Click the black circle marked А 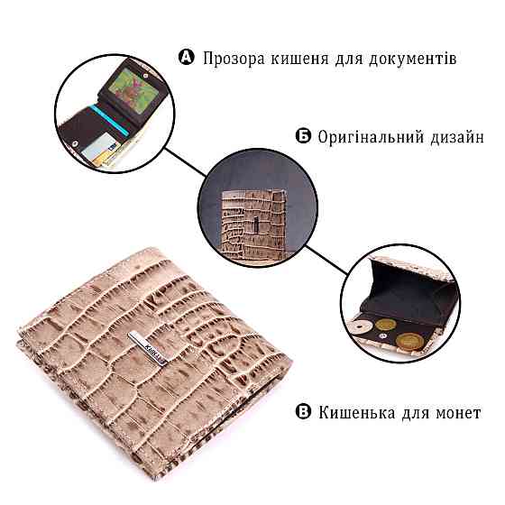tap(187, 58)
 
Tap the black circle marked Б tap(303, 138)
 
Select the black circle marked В tap(303, 413)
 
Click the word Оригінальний tap(370, 138)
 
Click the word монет tap(456, 413)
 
